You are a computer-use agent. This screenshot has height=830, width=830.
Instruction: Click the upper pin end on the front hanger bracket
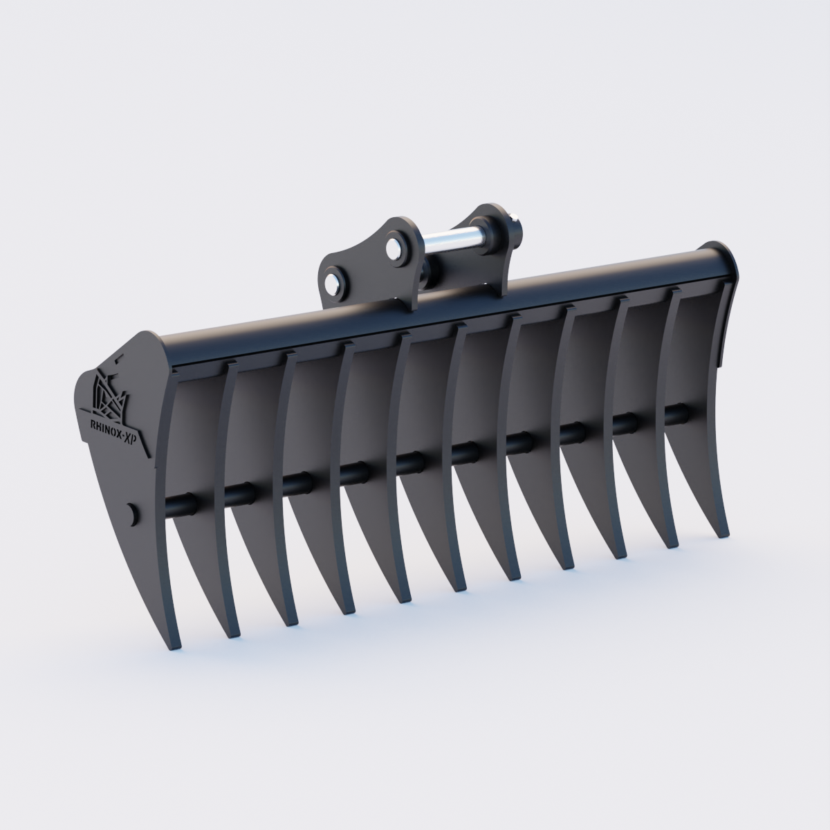click(396, 246)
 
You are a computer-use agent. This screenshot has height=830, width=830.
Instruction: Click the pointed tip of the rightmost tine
click(724, 533)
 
